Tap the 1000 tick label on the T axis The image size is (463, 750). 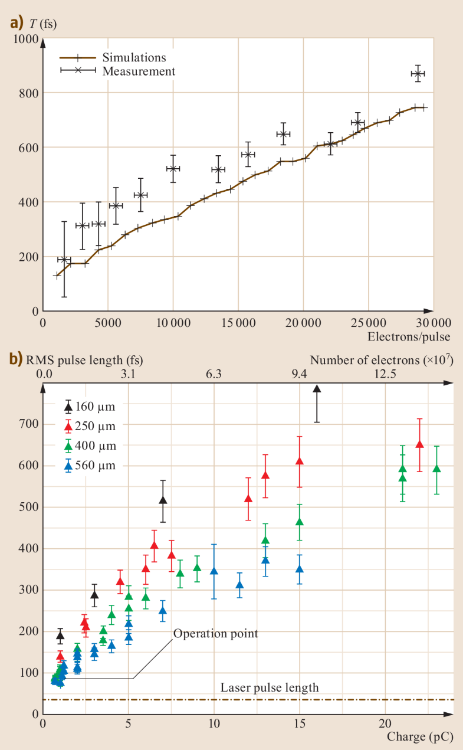pos(26,40)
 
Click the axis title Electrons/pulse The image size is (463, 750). pos(409,337)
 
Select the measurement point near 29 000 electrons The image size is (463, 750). pos(418,74)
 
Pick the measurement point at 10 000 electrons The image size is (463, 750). pos(173,169)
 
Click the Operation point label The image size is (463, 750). pos(215,633)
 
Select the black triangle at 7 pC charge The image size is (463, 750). pos(163,500)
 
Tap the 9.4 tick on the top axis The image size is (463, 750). pos(300,374)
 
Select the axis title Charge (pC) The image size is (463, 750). pos(419,737)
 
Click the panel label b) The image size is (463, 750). pos(15,359)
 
